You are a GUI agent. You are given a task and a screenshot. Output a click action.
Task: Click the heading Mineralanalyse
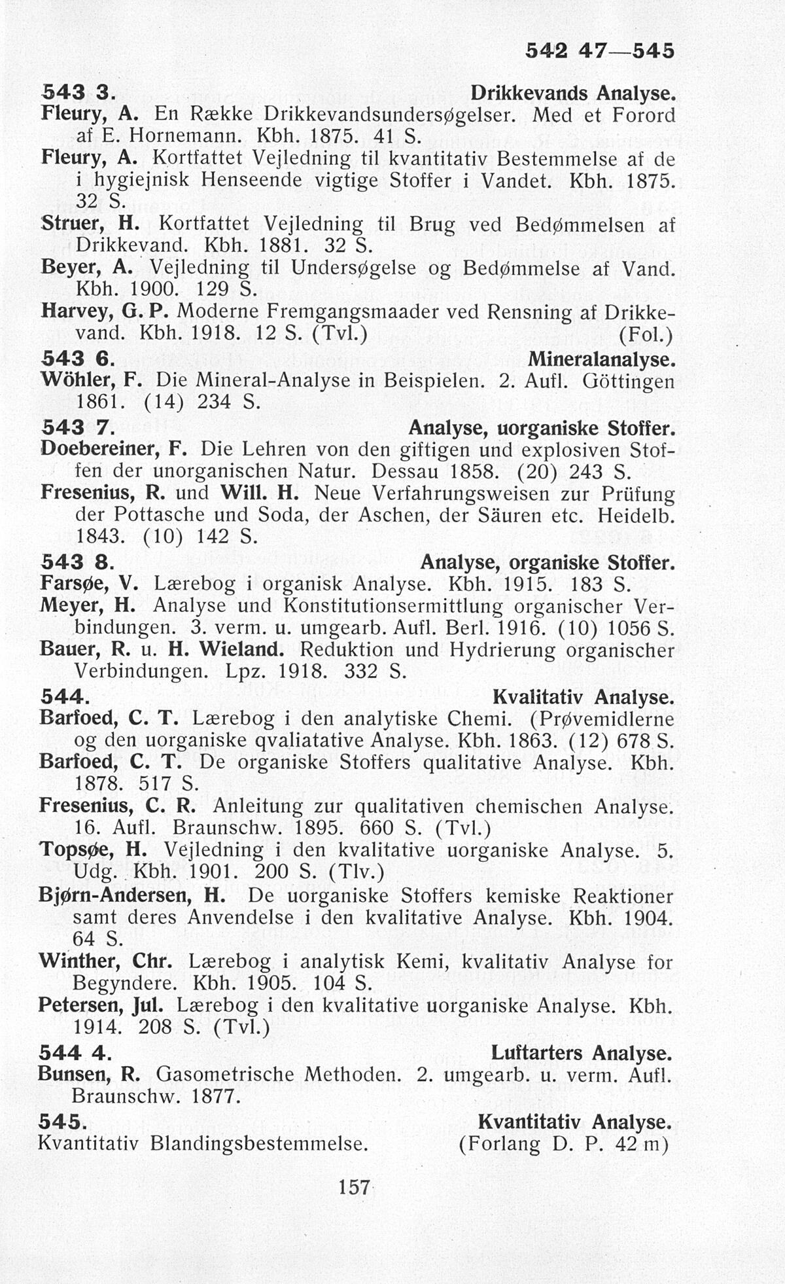click(x=601, y=360)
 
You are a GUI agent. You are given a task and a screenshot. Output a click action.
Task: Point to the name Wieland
click(x=241, y=651)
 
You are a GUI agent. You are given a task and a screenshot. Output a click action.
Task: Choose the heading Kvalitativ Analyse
click(x=583, y=696)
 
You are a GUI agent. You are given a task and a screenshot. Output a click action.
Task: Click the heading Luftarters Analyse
click(x=582, y=1053)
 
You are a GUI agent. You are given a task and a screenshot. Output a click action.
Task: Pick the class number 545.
click(x=63, y=1122)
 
